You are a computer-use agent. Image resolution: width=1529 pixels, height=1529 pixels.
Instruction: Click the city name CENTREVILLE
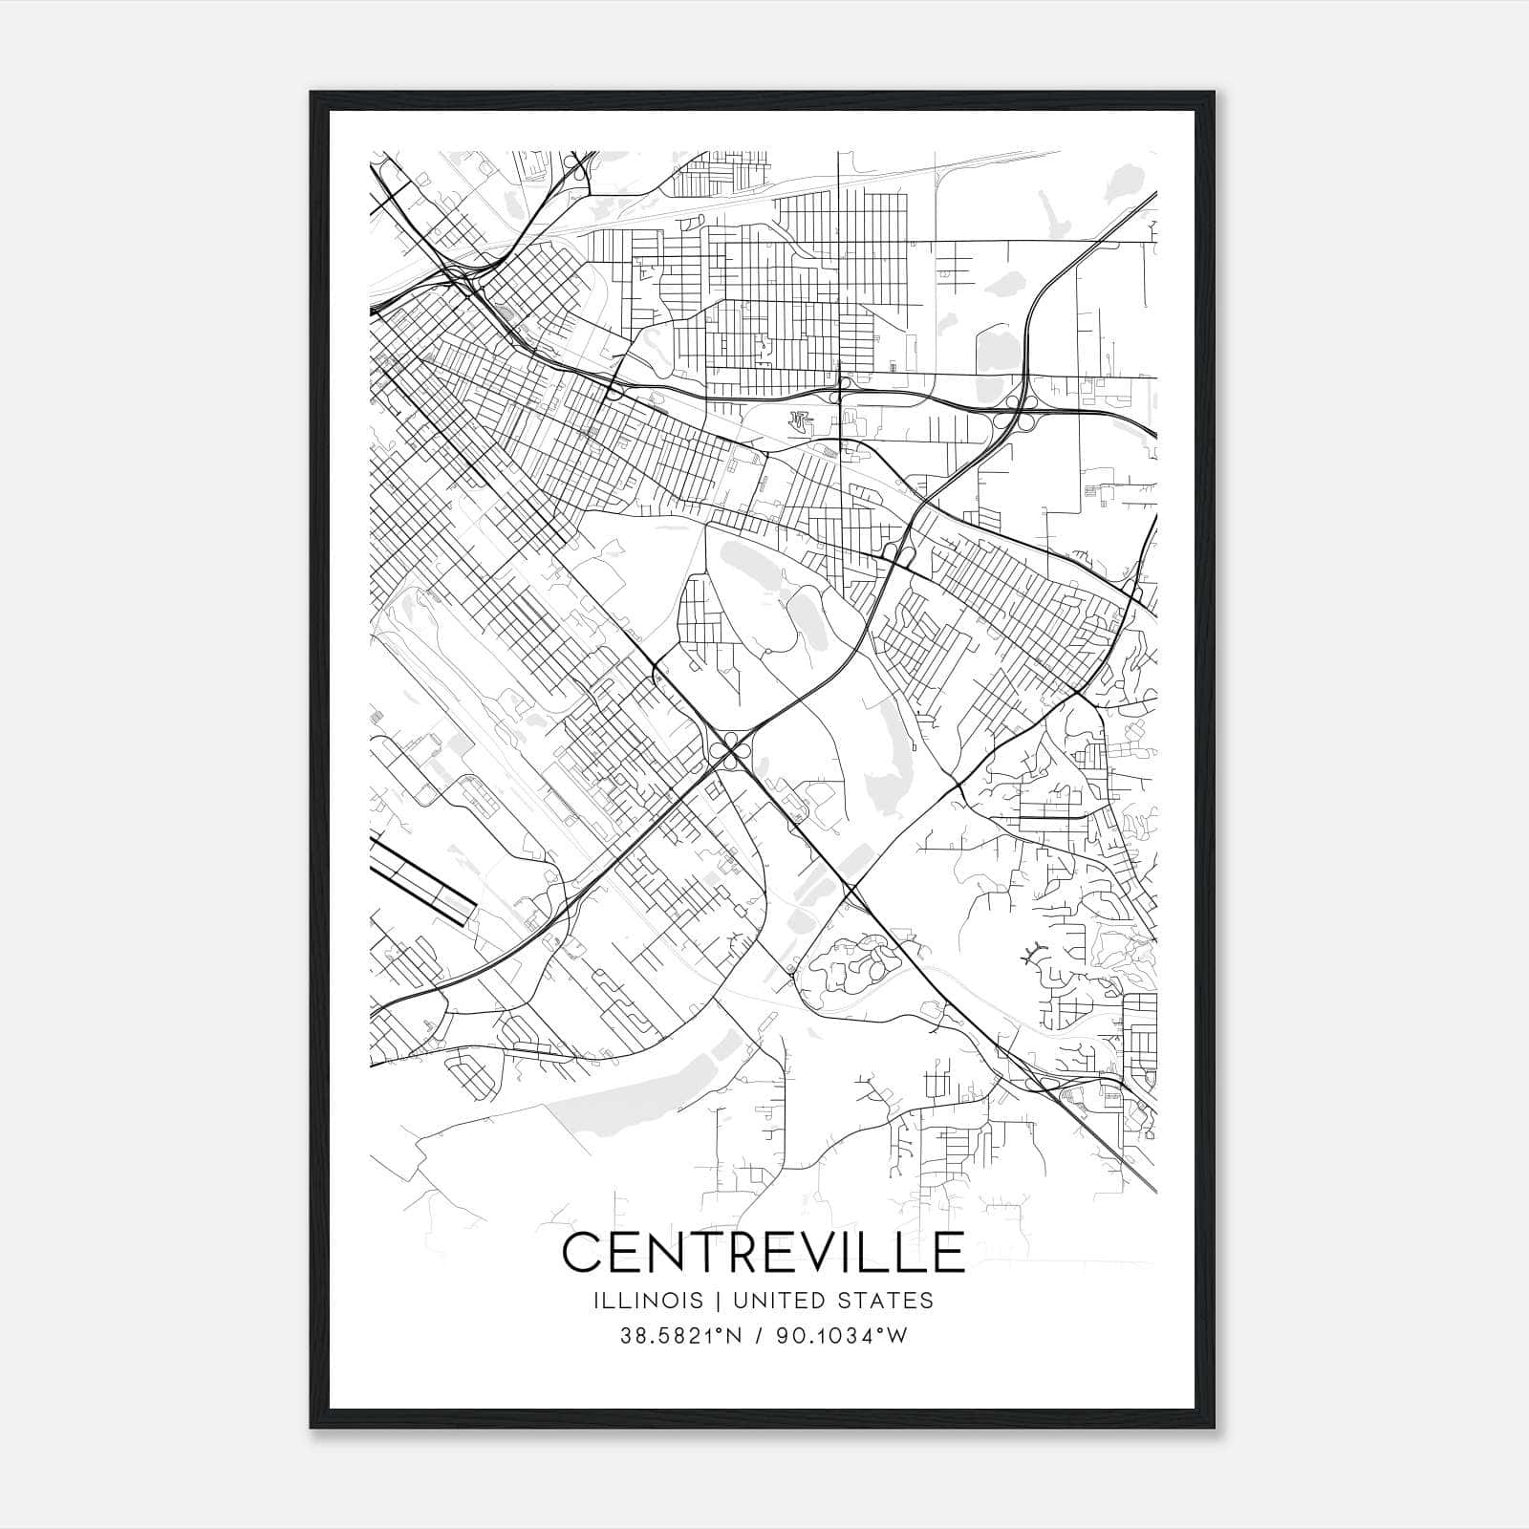(x=764, y=1253)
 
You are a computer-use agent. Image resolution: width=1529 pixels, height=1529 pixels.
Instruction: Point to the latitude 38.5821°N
(x=680, y=1336)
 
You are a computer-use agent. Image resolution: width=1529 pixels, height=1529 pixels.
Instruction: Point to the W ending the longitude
(x=897, y=1336)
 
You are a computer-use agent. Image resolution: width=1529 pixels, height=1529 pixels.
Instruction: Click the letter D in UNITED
(x=805, y=1301)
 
